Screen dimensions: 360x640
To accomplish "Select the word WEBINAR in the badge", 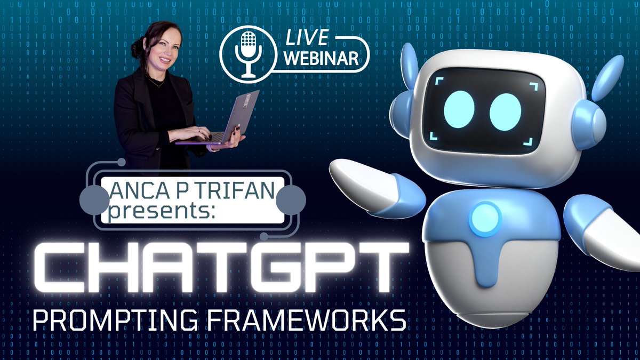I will pyautogui.click(x=321, y=59).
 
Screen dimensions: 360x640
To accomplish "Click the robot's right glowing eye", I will pyautogui.click(x=505, y=111).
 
